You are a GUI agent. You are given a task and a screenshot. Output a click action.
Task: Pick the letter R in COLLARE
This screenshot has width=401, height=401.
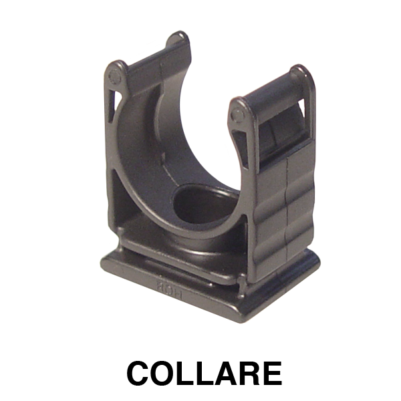pos(249,373)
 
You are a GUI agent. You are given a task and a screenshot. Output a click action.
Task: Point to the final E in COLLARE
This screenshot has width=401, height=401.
pos(273,373)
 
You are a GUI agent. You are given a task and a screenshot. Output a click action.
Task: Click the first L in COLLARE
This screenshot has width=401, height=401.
pos(188,373)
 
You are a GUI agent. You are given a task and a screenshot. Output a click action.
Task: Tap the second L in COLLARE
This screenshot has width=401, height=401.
pos(207,373)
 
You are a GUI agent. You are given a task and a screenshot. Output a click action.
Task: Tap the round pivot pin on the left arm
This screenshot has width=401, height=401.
pos(114,76)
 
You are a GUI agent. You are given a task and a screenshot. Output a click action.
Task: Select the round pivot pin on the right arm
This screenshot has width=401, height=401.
pos(237,115)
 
